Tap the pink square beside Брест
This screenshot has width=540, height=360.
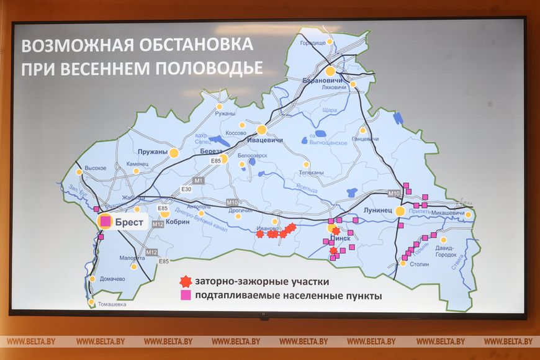[x=106, y=221]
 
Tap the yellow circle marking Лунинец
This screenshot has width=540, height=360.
[x=400, y=211]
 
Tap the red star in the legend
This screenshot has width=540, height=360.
[x=184, y=281]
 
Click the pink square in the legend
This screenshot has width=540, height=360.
[x=185, y=295]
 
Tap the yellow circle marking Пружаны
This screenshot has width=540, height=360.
[x=174, y=152]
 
